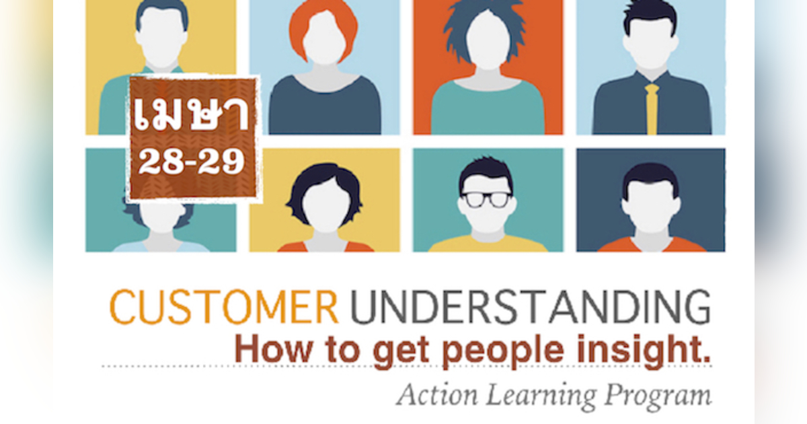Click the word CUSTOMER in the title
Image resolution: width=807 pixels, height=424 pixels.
point(224,308)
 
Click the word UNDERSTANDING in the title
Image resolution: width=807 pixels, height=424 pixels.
point(530,308)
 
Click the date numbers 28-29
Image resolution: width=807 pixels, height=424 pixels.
point(192,164)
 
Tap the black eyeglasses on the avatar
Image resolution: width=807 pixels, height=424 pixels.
point(486,199)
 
